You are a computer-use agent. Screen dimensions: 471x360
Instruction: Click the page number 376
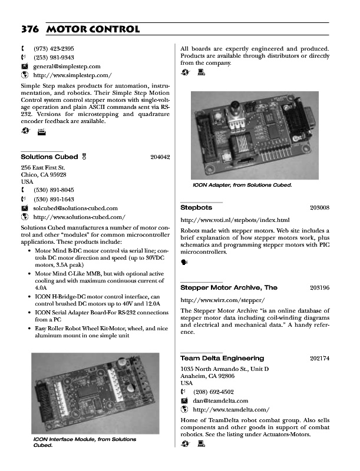coord(30,29)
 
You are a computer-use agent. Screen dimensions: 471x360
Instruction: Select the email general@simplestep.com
coord(67,67)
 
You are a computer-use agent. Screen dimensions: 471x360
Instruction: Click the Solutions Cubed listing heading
coord(49,157)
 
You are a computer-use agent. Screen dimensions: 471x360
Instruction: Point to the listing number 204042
coord(160,157)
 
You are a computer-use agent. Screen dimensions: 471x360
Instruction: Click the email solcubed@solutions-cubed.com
coord(75,208)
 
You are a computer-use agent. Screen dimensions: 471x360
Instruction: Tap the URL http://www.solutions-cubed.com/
coord(80,217)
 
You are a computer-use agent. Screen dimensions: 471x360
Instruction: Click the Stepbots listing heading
coord(196,208)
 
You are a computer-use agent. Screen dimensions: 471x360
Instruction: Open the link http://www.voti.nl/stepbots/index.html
coord(235,220)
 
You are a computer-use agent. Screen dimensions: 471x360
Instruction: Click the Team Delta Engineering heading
coord(222,358)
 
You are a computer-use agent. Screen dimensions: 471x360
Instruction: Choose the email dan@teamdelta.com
coord(222,400)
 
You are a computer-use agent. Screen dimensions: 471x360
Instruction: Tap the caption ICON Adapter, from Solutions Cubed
coord(243,185)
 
